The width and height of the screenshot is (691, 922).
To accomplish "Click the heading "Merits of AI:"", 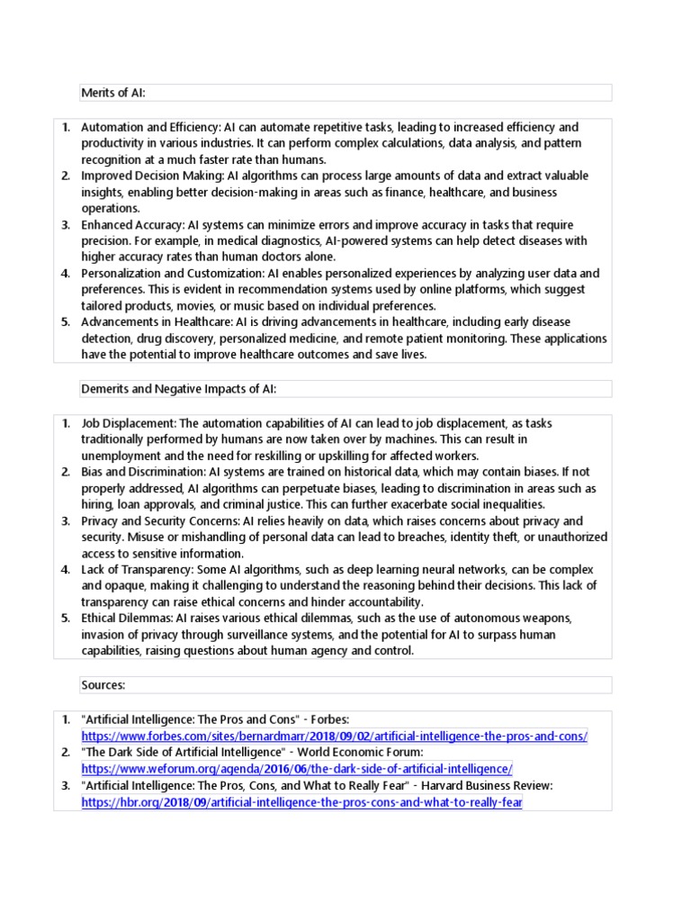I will (x=113, y=93).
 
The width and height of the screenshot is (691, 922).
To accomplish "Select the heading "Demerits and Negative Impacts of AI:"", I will (x=178, y=388).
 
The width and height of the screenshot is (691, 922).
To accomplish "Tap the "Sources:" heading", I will (x=103, y=685).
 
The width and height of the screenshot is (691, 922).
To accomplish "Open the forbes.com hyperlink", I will (x=334, y=736).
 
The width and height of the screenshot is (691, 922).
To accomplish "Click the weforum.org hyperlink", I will (x=297, y=768).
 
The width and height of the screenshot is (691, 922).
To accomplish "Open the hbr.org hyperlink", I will (x=301, y=801).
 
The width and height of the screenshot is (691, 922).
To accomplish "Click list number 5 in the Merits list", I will (x=66, y=321).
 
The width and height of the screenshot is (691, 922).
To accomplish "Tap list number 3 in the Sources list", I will (x=66, y=785).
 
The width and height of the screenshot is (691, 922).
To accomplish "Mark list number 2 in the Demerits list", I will (x=66, y=472).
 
